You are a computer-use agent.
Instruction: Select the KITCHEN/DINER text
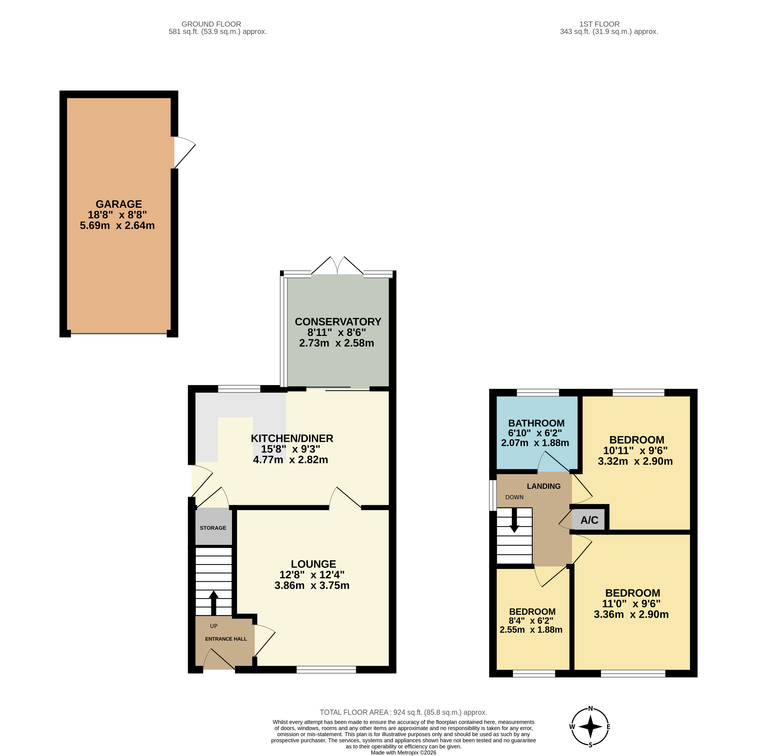click(292, 439)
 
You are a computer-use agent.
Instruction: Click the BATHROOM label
click(536, 423)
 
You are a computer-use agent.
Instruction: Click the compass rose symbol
click(590, 727)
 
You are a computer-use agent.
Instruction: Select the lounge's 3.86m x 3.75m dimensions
click(312, 585)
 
